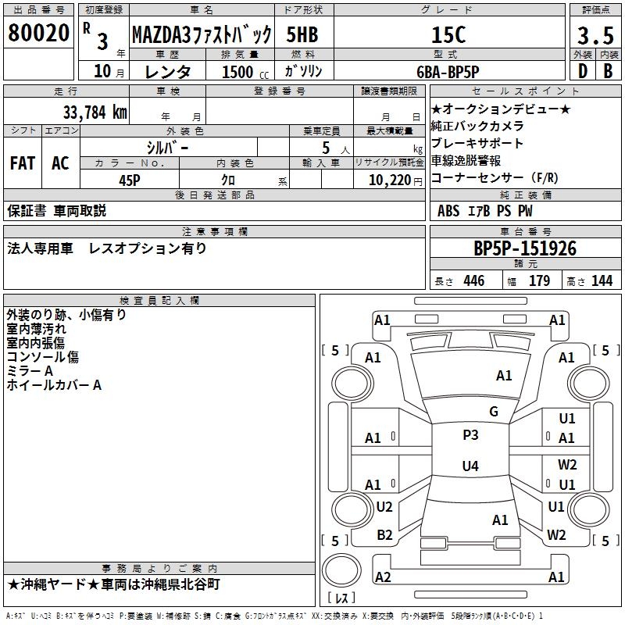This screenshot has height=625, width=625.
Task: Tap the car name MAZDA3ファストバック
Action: click(202, 35)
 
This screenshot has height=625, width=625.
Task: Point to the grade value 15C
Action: click(448, 35)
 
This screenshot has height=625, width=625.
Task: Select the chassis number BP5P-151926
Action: click(525, 248)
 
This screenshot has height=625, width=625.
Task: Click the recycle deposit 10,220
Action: click(389, 180)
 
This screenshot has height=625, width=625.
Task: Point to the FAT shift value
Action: click(22, 163)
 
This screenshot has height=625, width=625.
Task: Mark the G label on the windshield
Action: click(493, 412)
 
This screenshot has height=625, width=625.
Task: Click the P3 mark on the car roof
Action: click(470, 435)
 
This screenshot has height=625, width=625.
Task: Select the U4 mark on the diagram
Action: click(470, 466)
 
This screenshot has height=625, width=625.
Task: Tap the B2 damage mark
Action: click(384, 535)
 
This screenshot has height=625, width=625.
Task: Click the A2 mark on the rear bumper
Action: click(383, 577)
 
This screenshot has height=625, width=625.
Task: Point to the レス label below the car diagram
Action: click(341, 599)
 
